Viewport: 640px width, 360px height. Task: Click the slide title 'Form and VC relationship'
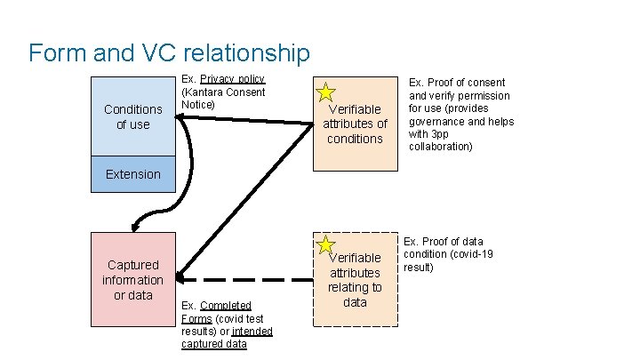[169, 53]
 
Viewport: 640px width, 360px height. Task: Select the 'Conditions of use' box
[133, 116]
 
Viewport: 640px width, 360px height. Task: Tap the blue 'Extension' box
[133, 174]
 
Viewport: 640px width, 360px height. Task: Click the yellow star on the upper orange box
[326, 92]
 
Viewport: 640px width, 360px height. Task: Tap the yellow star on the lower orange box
[326, 244]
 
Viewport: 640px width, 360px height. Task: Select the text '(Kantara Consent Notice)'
[222, 99]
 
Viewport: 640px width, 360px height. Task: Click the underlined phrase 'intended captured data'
[227, 338]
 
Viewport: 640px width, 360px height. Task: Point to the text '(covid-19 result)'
[449, 260]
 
